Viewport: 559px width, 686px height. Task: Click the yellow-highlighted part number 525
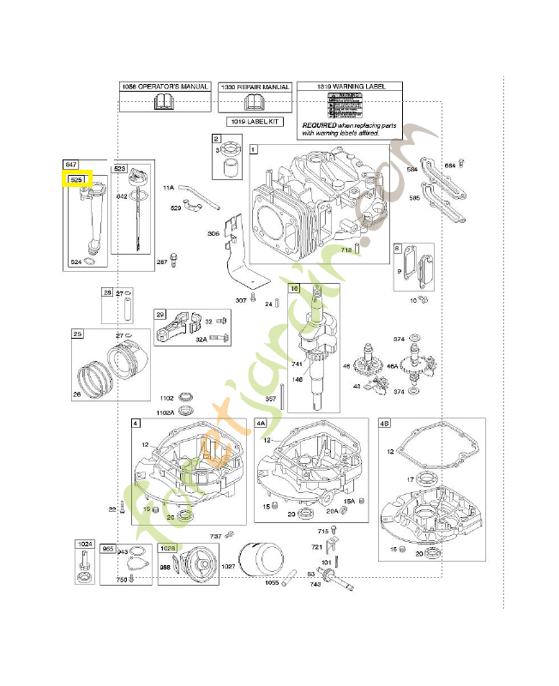(76, 180)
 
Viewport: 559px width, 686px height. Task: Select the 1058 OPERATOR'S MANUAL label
(163, 87)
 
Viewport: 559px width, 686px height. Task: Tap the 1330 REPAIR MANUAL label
(255, 87)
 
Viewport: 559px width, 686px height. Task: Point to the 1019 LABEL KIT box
(255, 122)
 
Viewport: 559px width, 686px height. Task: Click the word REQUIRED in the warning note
(319, 123)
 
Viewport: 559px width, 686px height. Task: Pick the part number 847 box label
(71, 163)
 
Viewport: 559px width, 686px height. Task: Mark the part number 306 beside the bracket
(213, 233)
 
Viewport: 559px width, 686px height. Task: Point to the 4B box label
(385, 424)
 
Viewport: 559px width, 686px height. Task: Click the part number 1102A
(165, 412)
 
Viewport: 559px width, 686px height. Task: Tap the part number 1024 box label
(85, 545)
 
